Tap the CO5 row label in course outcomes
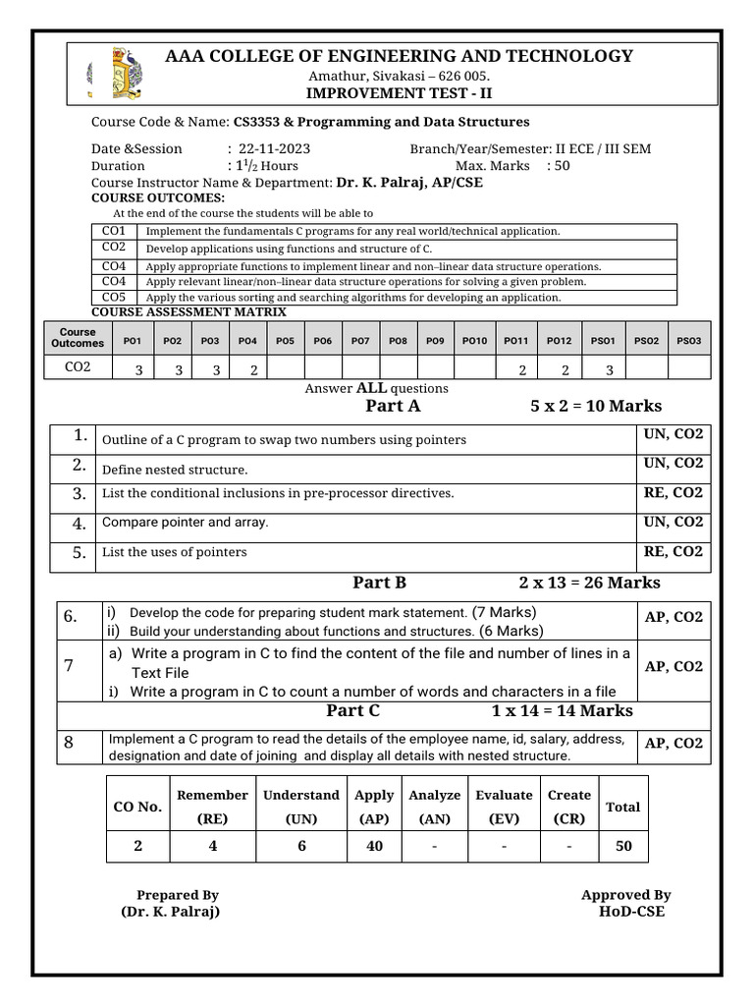click(x=114, y=297)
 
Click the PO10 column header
click(x=474, y=340)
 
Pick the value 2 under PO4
click(x=253, y=370)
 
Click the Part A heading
click(x=393, y=406)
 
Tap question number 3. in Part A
click(x=80, y=494)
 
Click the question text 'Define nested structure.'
click(x=175, y=470)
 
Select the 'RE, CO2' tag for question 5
click(x=673, y=552)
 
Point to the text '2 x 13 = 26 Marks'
click(x=589, y=583)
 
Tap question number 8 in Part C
click(x=70, y=744)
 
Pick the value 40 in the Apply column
click(x=374, y=846)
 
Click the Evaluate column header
click(x=504, y=795)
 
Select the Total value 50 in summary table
click(x=623, y=846)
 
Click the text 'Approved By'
click(x=625, y=895)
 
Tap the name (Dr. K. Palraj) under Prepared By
click(x=170, y=912)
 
